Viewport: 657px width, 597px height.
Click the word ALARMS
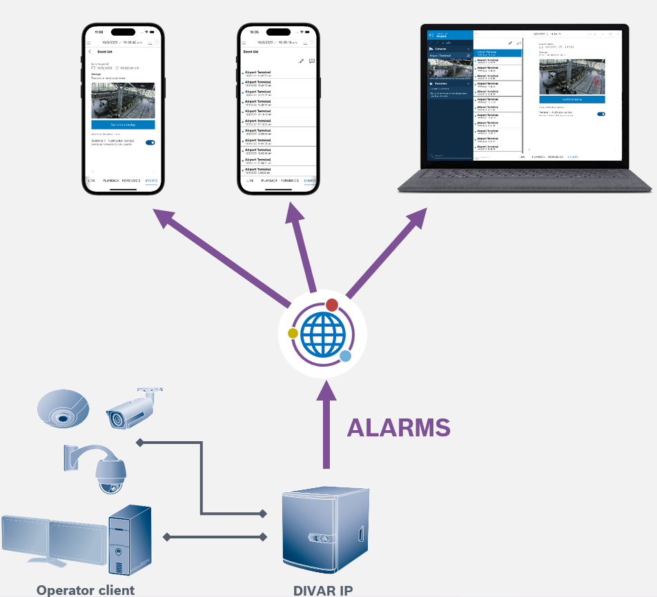tap(398, 427)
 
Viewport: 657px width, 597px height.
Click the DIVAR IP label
tap(324, 590)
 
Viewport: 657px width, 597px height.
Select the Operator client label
tap(86, 590)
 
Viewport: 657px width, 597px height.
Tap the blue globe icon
tap(322, 334)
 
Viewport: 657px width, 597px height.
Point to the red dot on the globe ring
tap(332, 305)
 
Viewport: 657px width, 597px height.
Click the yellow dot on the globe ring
tap(293, 333)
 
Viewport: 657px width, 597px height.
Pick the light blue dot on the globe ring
tap(346, 356)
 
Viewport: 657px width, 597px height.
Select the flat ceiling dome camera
tap(63, 407)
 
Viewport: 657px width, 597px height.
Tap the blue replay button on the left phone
tap(123, 124)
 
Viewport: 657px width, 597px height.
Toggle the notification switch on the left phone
tap(150, 143)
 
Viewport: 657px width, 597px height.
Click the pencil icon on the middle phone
tap(301, 61)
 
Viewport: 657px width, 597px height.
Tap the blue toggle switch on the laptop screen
tap(600, 114)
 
